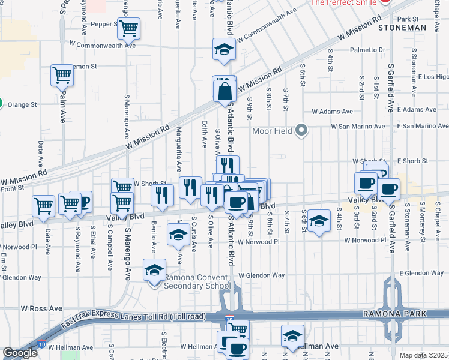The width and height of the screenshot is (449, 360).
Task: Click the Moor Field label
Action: (273, 130)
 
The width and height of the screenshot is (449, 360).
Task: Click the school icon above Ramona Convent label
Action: (155, 271)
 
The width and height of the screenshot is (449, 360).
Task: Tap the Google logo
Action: (19, 353)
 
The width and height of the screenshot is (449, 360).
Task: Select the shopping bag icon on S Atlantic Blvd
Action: (224, 92)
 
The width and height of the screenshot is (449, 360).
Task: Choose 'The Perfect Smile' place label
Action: (343, 3)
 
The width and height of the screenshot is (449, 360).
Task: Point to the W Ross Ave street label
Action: (41, 308)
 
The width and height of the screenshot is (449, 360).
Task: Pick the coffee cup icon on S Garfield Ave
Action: (388, 190)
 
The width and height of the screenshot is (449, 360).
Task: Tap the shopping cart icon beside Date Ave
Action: (44, 206)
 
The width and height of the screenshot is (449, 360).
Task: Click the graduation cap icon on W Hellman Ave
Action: (292, 335)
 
